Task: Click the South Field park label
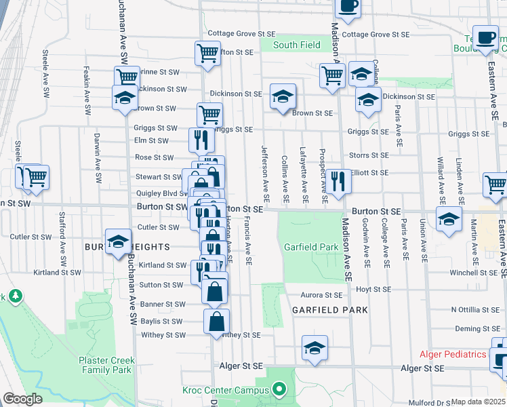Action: click(x=296, y=45)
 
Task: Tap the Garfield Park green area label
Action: click(x=311, y=248)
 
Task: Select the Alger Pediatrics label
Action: click(x=453, y=355)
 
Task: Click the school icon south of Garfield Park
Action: click(x=315, y=348)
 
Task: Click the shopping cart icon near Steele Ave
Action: click(x=36, y=178)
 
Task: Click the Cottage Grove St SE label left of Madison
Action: click(x=241, y=33)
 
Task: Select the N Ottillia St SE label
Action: click(x=474, y=309)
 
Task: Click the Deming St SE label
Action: click(x=476, y=329)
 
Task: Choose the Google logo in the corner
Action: click(x=22, y=399)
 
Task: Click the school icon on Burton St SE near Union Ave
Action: click(x=449, y=220)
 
